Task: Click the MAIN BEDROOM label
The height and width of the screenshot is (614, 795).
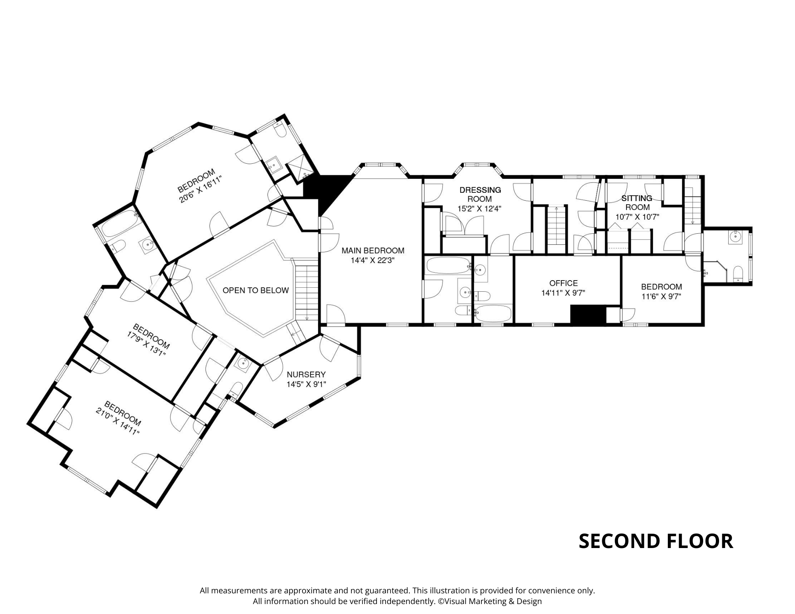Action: (373, 251)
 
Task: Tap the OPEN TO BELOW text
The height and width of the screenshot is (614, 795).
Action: (256, 291)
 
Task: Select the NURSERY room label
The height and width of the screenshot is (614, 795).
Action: (306, 374)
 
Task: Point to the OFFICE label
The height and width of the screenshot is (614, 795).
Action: (563, 283)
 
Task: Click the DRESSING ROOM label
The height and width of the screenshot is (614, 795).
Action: (480, 194)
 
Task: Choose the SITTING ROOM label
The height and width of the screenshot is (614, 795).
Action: (637, 203)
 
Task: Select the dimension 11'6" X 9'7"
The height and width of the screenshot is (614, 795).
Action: (661, 296)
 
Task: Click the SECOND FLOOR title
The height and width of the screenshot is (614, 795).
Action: (656, 541)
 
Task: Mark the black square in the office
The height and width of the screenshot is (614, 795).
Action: (588, 314)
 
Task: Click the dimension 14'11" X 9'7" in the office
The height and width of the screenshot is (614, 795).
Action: (563, 293)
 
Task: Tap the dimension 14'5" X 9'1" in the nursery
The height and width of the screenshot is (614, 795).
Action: (306, 384)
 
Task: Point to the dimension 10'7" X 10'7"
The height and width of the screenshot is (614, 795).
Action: (637, 217)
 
